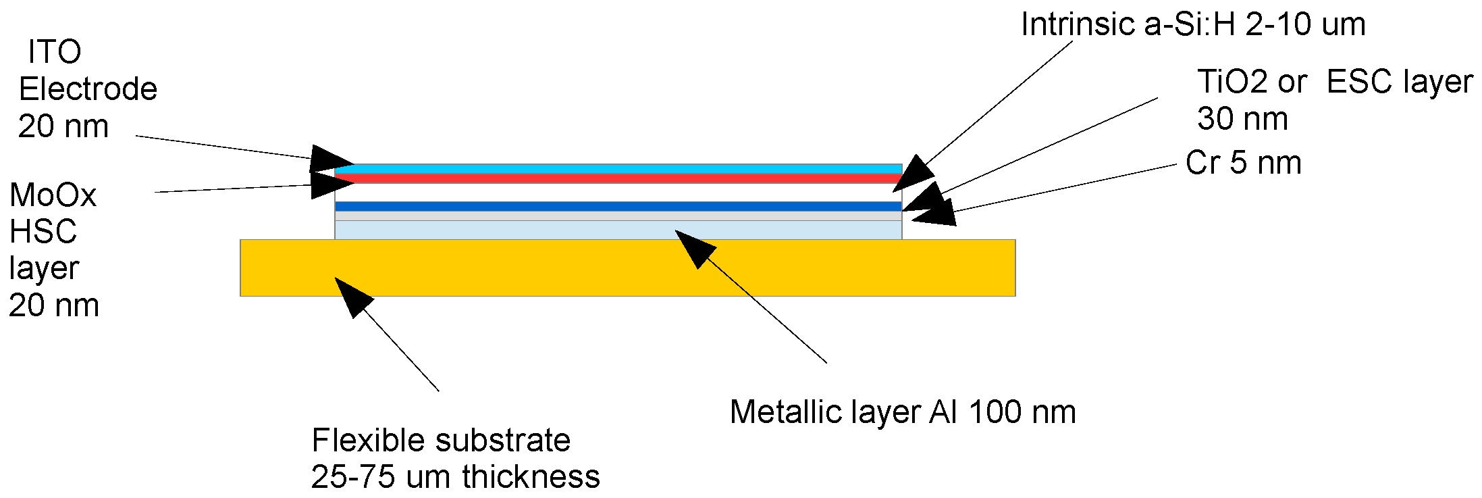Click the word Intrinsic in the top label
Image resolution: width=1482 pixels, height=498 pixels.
pyautogui.click(x=1078, y=25)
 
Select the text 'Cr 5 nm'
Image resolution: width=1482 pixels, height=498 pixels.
pyautogui.click(x=1243, y=164)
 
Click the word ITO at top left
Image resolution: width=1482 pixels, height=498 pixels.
pyautogui.click(x=55, y=53)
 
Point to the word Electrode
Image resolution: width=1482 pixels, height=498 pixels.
pyautogui.click(x=88, y=89)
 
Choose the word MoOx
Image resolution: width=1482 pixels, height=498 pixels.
pyautogui.click(x=53, y=196)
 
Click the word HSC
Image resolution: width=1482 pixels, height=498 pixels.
pyautogui.click(x=43, y=232)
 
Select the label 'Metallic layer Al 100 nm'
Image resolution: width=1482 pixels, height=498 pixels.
pyautogui.click(x=903, y=412)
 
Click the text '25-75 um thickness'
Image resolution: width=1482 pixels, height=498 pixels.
pyautogui.click(x=455, y=477)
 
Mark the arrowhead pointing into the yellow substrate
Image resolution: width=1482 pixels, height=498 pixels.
pyautogui.click(x=351, y=295)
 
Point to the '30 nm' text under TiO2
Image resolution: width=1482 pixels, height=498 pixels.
pyautogui.click(x=1242, y=120)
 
